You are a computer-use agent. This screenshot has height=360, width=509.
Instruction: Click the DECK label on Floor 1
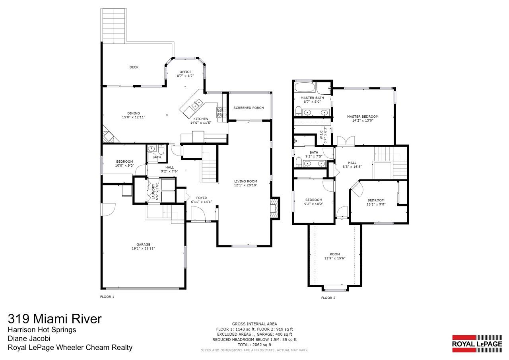pos(134,67)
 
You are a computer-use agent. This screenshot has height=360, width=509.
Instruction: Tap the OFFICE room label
pos(185,72)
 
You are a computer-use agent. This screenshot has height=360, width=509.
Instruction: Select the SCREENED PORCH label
pos(249,108)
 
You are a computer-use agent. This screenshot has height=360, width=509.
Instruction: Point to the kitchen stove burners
pos(219,112)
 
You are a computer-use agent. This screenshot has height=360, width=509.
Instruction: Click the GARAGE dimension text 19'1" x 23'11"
pos(144,248)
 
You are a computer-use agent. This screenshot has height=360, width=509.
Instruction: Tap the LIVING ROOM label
pos(246,181)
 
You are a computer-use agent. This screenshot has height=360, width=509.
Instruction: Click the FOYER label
pos(202,198)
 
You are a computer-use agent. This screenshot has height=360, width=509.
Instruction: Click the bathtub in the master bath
pos(305,88)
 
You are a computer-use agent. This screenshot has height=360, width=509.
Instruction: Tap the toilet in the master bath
pos(298,111)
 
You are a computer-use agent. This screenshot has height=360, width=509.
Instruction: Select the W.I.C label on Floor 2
pos(322,135)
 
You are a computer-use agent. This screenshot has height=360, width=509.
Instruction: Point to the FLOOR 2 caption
pos(328,298)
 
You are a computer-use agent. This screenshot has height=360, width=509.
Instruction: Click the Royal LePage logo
pos(477,344)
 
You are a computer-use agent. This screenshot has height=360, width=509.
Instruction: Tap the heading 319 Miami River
pos(55,319)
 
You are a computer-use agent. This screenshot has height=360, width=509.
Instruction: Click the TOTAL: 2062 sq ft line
pos(254,344)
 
